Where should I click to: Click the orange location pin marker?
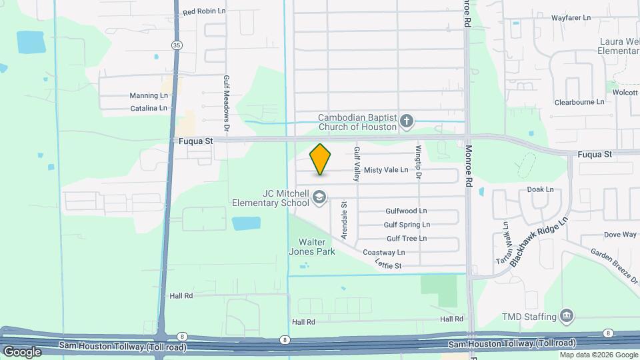[x=321, y=159]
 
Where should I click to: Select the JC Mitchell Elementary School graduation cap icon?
[x=320, y=197]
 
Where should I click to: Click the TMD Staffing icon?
[x=567, y=315]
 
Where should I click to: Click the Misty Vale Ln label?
[x=386, y=170]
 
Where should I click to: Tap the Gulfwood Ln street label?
[x=406, y=211]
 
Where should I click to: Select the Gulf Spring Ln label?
[x=407, y=225]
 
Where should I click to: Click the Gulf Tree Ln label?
[x=407, y=239]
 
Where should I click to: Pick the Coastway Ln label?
[x=384, y=253]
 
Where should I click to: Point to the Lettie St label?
[x=388, y=266]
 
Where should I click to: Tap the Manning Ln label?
[x=144, y=95]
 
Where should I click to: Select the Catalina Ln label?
[x=149, y=108]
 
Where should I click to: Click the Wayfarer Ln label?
[x=572, y=18]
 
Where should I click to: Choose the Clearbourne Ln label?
[x=579, y=102]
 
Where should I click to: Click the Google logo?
[x=21, y=352]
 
